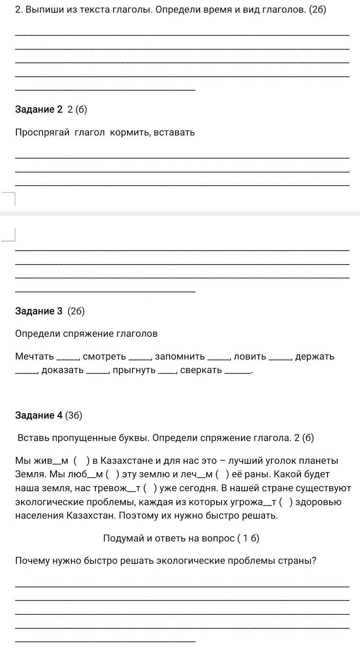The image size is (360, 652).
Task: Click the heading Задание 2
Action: (x=38, y=110)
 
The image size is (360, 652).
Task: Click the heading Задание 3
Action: (x=38, y=311)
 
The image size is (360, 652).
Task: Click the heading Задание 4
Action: (x=38, y=416)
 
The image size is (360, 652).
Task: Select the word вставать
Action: (x=174, y=133)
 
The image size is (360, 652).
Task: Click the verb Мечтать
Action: (x=35, y=357)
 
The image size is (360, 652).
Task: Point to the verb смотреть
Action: (x=104, y=357)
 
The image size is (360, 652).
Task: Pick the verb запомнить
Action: (x=180, y=357)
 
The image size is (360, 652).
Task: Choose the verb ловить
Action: (x=250, y=357)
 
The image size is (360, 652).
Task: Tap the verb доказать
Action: (x=62, y=371)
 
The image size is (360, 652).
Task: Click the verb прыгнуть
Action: (x=134, y=371)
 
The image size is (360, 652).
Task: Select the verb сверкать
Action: (x=201, y=371)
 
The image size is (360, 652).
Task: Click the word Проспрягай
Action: (x=42, y=133)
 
